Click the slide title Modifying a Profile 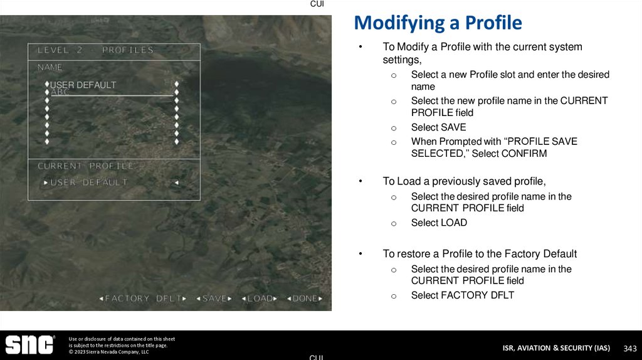438,23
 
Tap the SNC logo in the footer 29,345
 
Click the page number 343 629,348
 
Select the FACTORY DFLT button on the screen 143,299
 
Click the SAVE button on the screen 214,299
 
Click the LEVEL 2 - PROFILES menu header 95,50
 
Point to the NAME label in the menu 50,66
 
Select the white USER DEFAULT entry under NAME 83,85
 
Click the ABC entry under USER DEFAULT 60,92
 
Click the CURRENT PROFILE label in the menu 86,166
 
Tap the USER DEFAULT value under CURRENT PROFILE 88,183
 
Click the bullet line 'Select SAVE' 438,127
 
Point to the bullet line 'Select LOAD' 439,223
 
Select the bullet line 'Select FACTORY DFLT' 462,295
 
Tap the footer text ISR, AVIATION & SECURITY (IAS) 555,348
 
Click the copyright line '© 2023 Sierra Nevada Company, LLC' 108,352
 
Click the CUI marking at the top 317,4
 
